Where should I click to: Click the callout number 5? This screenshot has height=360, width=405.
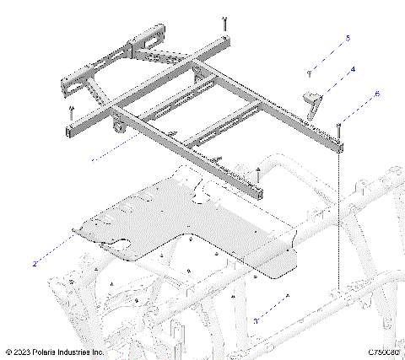pos(346,39)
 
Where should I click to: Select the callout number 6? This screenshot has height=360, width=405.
pos(376,94)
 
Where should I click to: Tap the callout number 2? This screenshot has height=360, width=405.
pos(35,264)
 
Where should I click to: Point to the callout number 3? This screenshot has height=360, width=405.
pos(256,320)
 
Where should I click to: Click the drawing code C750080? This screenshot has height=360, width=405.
pos(382,352)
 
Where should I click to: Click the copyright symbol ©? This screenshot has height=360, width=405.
pos(8,352)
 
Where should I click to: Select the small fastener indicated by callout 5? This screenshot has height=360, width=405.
pos(310,74)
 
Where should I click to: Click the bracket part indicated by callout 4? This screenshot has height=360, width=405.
pos(314,104)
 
